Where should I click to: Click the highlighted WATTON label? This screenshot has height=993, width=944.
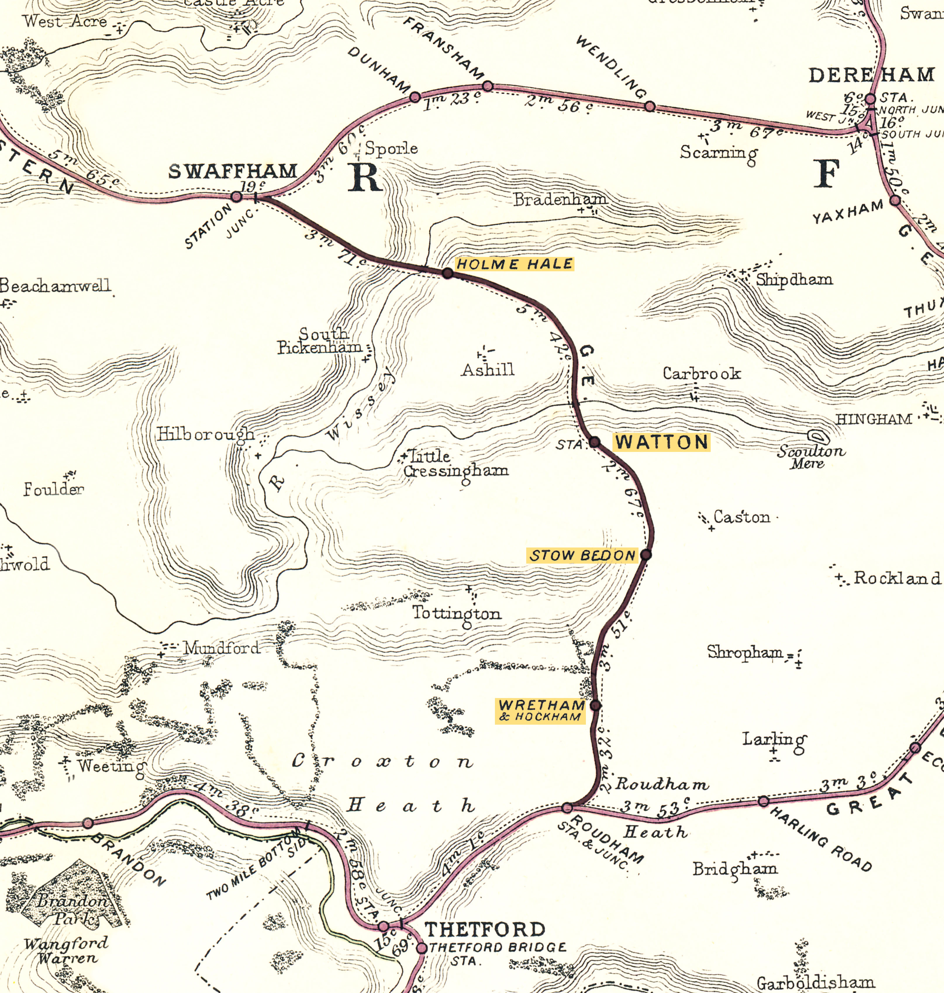click(x=662, y=442)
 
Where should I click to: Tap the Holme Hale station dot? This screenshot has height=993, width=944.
click(x=447, y=273)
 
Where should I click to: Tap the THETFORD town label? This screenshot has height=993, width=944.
click(x=485, y=929)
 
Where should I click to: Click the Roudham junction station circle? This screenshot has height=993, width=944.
click(x=567, y=808)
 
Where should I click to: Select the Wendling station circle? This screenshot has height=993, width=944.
click(x=650, y=106)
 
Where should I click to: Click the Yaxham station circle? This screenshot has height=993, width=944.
click(x=895, y=200)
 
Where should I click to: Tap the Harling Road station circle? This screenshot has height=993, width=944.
click(x=763, y=801)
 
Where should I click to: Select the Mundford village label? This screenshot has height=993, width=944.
click(x=221, y=648)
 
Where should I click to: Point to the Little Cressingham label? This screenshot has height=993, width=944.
click(x=455, y=463)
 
